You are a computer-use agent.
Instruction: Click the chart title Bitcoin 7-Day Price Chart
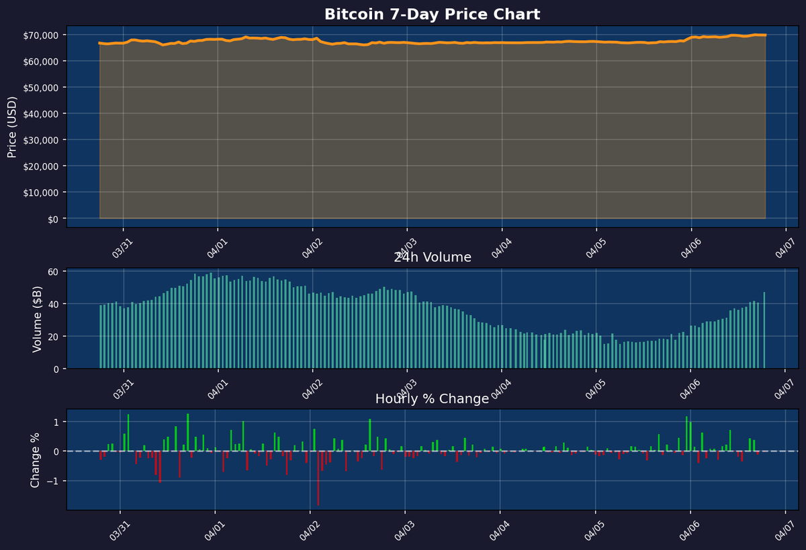pyautogui.click(x=432, y=14)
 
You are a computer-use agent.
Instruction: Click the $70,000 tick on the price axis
pyautogui.click(x=42, y=35)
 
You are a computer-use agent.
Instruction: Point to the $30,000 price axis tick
pyautogui.click(x=42, y=140)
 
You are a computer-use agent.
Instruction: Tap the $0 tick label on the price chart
pyautogui.click(x=52, y=219)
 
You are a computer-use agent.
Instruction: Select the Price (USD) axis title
pyautogui.click(x=12, y=126)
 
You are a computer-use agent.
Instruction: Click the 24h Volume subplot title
pyautogui.click(x=432, y=258)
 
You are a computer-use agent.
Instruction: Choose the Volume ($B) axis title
pyautogui.click(x=38, y=319)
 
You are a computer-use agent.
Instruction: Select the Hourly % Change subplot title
pyautogui.click(x=432, y=399)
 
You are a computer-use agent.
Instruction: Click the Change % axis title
pyautogui.click(x=35, y=459)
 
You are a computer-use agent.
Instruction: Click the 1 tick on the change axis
pyautogui.click(x=56, y=422)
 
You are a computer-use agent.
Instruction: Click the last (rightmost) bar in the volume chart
pyautogui.click(x=764, y=330)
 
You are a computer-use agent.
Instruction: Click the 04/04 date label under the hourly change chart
pyautogui.click(x=499, y=530)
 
